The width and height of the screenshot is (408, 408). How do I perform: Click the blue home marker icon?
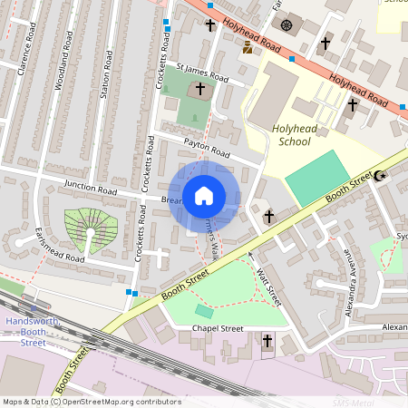click(204, 196)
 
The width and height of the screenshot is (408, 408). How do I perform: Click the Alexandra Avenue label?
click(349, 288)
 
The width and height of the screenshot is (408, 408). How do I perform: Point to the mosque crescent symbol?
click(379, 176)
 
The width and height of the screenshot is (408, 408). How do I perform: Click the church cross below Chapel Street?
click(267, 341)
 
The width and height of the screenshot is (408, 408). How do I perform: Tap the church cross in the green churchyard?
click(201, 91)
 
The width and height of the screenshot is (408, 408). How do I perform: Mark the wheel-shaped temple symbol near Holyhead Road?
click(287, 24)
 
